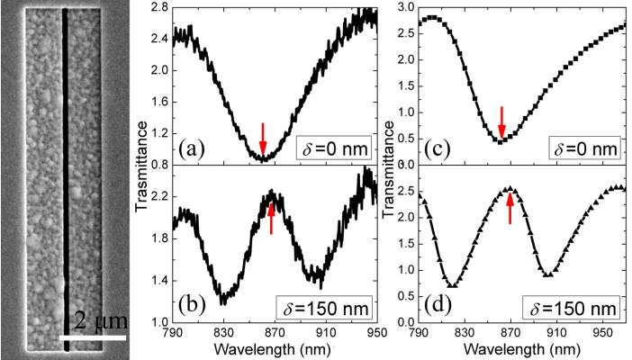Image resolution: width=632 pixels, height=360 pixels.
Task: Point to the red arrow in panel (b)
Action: tap(271, 218)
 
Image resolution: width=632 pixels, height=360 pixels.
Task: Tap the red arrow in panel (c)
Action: tap(502, 121)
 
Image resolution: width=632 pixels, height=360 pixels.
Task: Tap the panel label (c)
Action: tap(442, 147)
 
